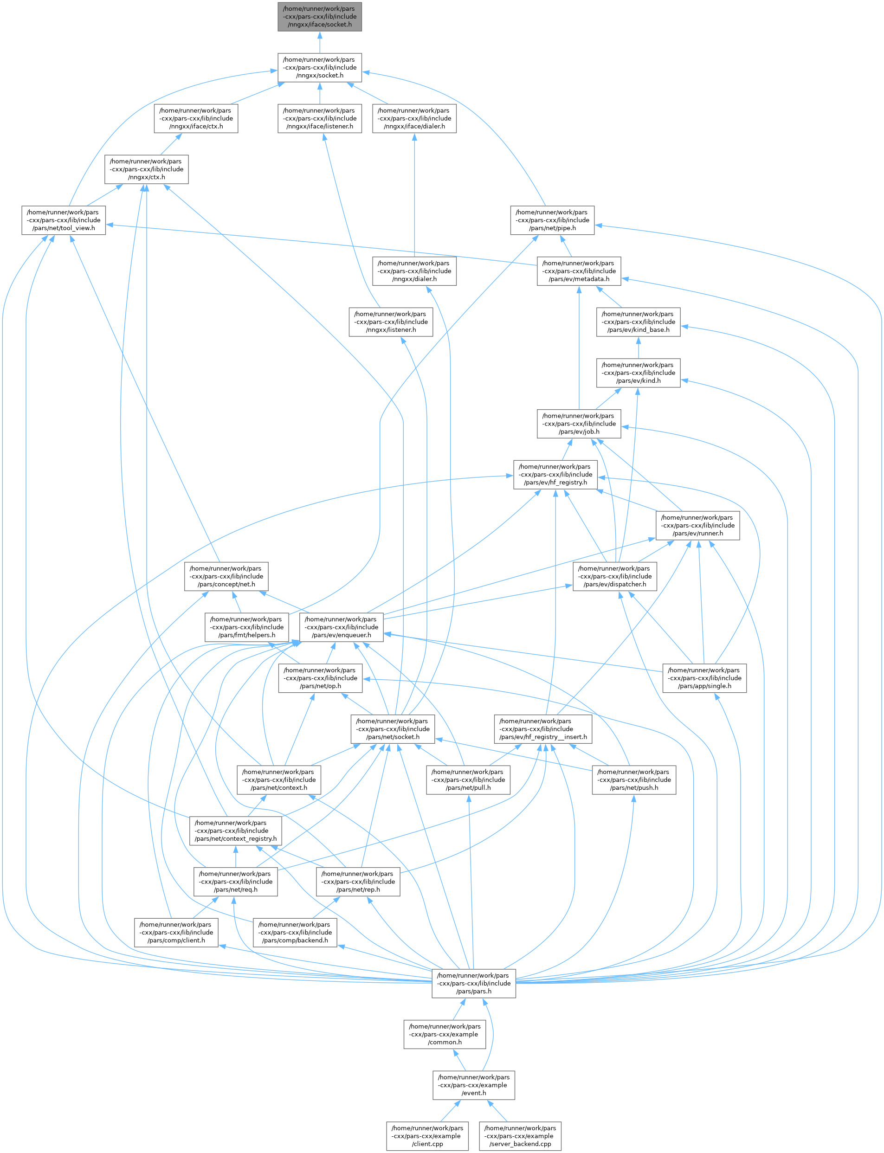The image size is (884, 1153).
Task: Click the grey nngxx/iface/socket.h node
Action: [319, 16]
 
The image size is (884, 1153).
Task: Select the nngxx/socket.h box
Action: [319, 67]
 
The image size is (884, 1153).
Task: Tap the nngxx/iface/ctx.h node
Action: [196, 118]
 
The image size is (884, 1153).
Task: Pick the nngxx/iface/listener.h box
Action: [319, 118]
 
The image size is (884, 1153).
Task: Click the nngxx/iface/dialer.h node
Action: [414, 118]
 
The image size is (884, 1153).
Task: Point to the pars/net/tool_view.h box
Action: [64, 220]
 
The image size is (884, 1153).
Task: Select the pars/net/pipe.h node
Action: [552, 220]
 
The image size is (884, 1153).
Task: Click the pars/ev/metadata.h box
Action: [579, 271]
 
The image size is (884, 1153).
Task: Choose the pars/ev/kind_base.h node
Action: [638, 322]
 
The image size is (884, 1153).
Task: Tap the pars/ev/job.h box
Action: [579, 424]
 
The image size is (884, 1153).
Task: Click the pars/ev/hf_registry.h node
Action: [555, 475]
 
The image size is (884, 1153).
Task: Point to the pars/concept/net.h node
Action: [226, 576]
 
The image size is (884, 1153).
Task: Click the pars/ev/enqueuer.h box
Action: [341, 627]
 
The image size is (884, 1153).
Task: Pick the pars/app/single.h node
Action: [704, 678]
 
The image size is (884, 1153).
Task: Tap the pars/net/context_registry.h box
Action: [235, 831]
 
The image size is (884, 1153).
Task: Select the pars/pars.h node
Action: [474, 983]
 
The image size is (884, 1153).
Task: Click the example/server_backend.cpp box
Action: [520, 1136]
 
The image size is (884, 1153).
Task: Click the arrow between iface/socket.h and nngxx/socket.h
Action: [319, 42]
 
